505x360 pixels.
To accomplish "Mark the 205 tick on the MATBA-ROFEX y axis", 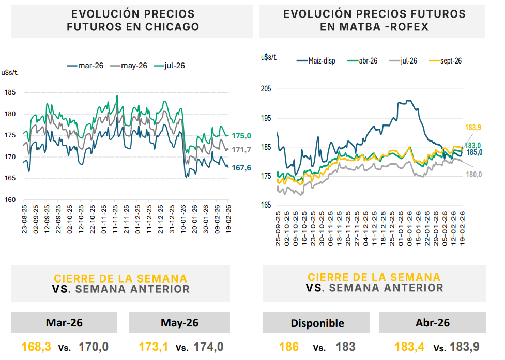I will [266, 89].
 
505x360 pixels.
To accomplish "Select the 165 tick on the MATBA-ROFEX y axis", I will [266, 206].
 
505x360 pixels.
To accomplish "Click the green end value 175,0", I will [241, 136].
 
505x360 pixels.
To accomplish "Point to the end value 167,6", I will [241, 167].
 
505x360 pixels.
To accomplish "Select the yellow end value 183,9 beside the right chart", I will [473, 128].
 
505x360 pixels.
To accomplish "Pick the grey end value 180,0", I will [473, 175].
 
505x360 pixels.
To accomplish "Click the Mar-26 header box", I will [65, 323].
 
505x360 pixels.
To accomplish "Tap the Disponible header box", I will [317, 323].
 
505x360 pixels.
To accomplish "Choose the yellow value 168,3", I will [36, 347].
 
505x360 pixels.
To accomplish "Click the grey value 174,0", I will [208, 347].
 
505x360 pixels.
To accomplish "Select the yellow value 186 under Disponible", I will [288, 347].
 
